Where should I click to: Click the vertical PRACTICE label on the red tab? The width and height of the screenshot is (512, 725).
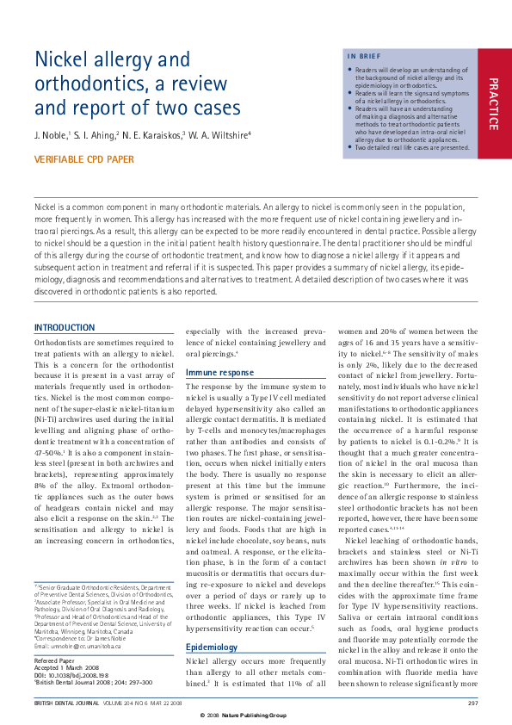pos(493,104)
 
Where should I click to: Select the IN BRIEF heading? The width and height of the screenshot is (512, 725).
pos(363,57)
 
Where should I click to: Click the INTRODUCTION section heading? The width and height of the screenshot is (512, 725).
pos(65,328)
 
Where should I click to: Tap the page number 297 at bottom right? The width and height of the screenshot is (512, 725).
pos(472,703)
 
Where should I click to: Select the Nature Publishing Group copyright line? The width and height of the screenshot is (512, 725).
pos(256,716)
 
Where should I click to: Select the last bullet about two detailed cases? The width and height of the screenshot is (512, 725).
pos(412,147)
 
